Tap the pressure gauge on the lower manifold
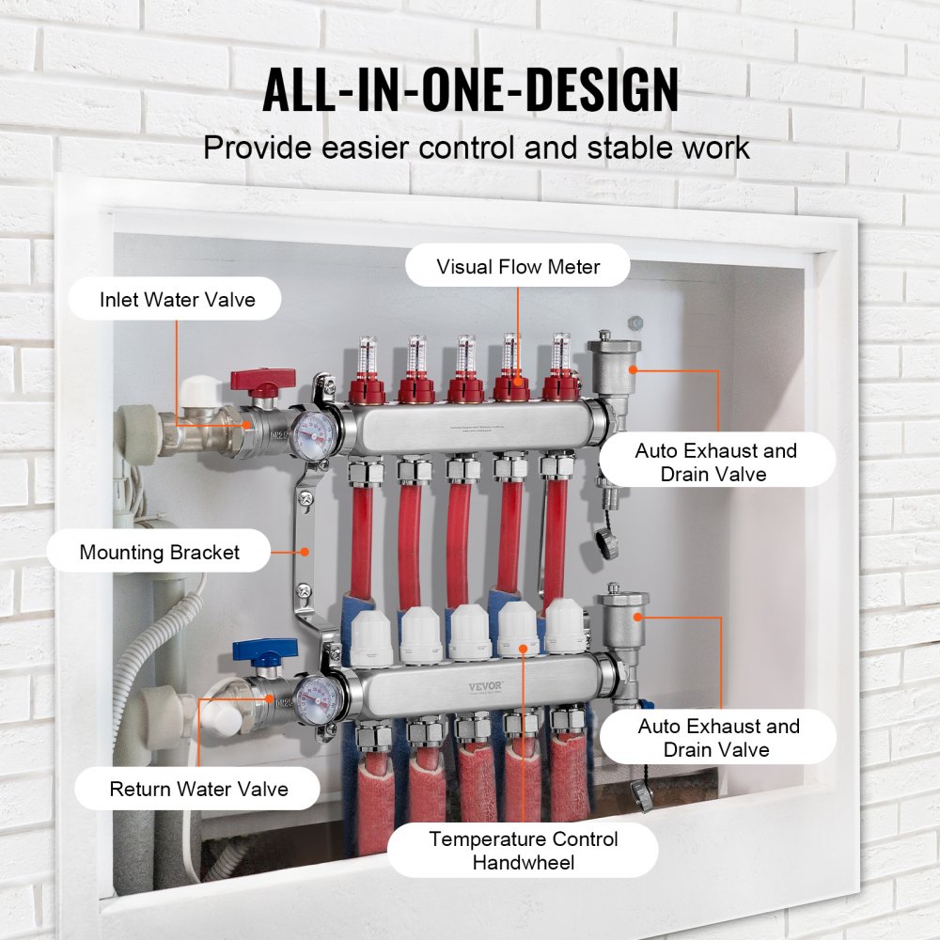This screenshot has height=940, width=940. point(311,697)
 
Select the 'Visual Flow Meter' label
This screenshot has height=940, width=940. point(518,267)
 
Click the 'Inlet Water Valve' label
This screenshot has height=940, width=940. point(178,300)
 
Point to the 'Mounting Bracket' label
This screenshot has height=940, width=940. point(159,553)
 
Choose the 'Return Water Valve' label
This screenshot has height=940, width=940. point(198,789)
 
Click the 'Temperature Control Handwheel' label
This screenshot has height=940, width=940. point(524,850)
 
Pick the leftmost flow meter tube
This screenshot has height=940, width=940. point(364,354)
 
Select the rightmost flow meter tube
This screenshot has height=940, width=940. point(561,354)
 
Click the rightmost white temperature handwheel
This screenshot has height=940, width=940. point(565,628)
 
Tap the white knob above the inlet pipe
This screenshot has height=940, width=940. point(198,390)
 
